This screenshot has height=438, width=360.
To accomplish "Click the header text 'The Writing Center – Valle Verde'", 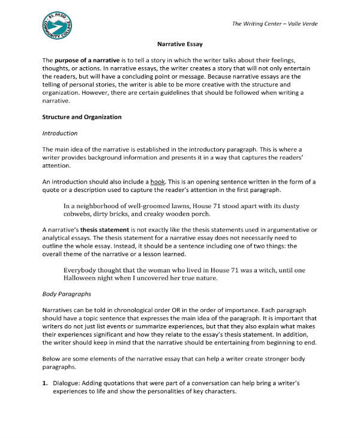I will pos(274,24).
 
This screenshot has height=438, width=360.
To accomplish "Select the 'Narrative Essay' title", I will pos(179,44).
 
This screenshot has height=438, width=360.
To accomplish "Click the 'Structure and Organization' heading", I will pos(82,117).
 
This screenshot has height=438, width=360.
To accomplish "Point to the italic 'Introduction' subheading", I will pos(60,133).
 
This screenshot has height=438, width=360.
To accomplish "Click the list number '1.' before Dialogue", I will pos(45,383).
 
